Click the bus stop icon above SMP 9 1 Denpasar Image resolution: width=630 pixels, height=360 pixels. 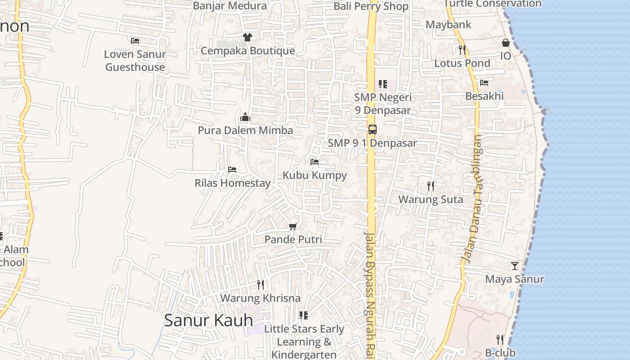point(372,130)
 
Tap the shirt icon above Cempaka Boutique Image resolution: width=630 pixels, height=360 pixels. point(247,37)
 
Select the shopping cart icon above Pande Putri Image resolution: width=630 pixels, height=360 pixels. point(293,226)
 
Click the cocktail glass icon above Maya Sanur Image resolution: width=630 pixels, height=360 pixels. point(514,266)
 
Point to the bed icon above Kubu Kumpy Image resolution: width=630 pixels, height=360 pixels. point(315,162)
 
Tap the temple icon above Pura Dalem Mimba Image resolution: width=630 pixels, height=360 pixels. point(245,117)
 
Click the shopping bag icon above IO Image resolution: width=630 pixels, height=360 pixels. point(506,43)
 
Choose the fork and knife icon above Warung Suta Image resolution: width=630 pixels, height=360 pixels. point(431,186)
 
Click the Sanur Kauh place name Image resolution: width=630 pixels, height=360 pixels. point(208,320)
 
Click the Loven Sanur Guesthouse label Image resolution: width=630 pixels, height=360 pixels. point(135,61)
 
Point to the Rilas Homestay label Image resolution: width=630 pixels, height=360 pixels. point(232,183)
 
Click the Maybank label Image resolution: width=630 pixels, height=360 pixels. point(448,25)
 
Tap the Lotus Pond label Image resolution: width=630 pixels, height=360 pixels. point(462,63)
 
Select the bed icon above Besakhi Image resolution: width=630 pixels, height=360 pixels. point(484,83)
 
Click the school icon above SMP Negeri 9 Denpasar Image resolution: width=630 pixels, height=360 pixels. point(383,84)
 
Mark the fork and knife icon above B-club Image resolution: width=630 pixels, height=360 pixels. point(500,339)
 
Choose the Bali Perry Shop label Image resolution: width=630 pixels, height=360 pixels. point(371,6)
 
